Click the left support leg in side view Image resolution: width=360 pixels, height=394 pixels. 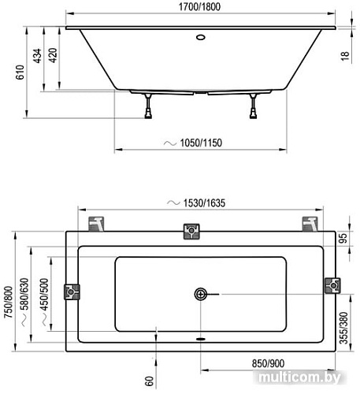pos(147,106)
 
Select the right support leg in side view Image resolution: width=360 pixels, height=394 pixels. pos(254,106)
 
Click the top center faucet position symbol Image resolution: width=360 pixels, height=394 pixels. pos(191,231)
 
